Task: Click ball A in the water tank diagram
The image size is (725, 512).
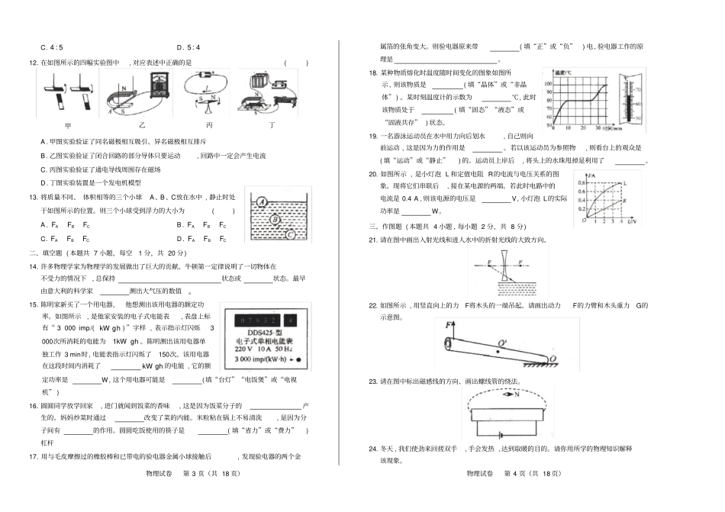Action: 262,203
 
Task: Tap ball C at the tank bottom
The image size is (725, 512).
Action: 289,234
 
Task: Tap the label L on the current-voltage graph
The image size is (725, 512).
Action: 623,184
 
